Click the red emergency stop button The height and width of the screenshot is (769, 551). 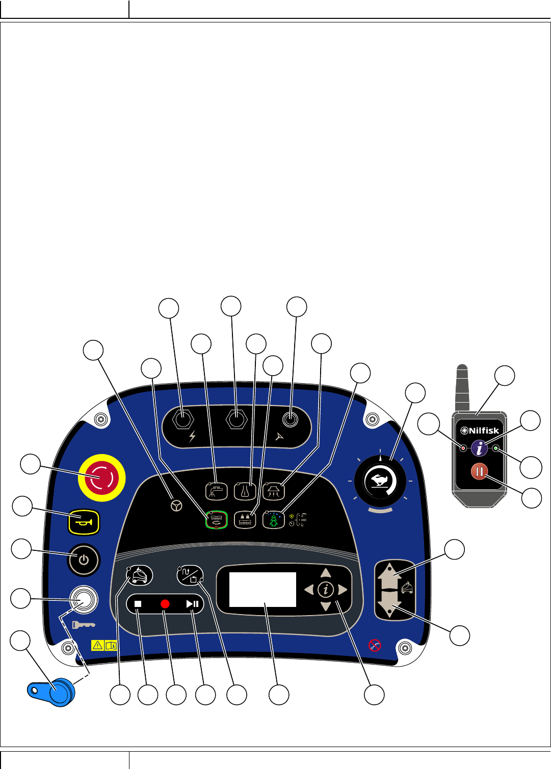click(101, 478)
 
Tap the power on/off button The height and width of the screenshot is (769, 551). click(84, 560)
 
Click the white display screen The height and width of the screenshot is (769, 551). click(263, 589)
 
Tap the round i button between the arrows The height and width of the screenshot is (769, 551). click(326, 590)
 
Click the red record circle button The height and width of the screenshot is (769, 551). click(165, 604)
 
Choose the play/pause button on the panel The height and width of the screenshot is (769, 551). click(192, 604)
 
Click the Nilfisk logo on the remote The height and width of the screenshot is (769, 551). click(480, 431)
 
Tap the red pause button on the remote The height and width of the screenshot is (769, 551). click(479, 472)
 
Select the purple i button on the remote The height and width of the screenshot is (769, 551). click(479, 448)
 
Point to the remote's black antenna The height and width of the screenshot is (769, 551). click(462, 387)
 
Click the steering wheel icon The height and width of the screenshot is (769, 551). click(176, 506)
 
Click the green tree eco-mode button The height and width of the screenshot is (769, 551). click(273, 519)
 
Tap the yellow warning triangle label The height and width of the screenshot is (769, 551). click(97, 645)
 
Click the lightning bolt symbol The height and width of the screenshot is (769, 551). click(192, 437)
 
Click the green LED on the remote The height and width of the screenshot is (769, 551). click(495, 448)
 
